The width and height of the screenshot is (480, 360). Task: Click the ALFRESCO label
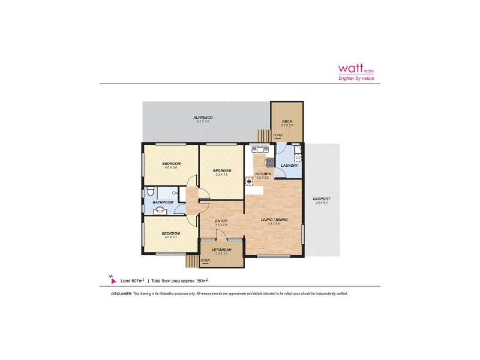click(x=203, y=117)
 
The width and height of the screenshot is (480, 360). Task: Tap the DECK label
click(x=287, y=121)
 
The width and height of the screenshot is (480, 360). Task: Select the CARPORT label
click(x=322, y=199)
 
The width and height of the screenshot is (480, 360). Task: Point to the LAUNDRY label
click(x=290, y=166)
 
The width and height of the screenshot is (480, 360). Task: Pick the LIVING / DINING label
click(x=274, y=220)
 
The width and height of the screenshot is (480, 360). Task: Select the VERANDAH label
click(x=221, y=250)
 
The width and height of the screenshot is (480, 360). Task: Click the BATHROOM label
click(x=163, y=202)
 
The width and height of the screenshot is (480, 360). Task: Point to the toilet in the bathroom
click(x=151, y=193)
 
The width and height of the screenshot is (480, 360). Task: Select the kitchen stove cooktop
click(x=270, y=161)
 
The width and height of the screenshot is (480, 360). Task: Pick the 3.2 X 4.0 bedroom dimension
click(x=221, y=175)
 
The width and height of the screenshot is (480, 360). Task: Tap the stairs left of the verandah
click(x=192, y=261)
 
